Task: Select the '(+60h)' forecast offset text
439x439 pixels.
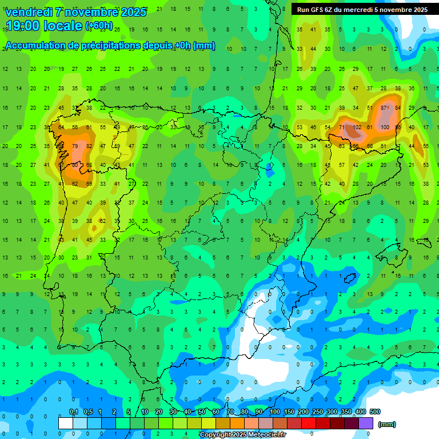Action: (99, 26)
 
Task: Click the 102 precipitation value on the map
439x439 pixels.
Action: (357, 127)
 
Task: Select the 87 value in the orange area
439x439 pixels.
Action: (385, 108)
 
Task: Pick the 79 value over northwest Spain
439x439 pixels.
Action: (75, 146)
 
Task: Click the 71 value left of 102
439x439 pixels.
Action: (342, 127)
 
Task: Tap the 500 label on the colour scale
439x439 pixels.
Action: (375, 412)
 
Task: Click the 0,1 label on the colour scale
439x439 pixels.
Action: (73, 412)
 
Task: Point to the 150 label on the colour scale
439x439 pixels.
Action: (289, 412)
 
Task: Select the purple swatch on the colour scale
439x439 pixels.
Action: (366, 423)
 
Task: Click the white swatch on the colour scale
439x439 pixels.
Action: (66, 423)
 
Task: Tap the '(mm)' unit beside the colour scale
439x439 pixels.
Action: (387, 424)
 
